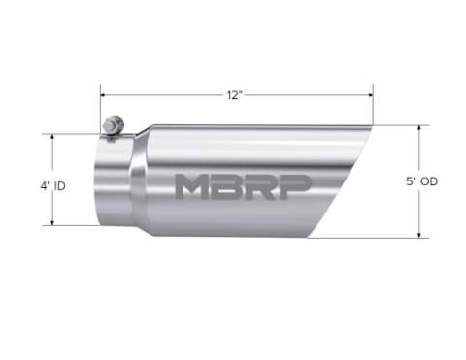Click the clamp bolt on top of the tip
coord(113,127)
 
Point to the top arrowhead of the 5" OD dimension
coord(419,126)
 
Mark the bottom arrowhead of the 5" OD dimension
coord(419,235)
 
